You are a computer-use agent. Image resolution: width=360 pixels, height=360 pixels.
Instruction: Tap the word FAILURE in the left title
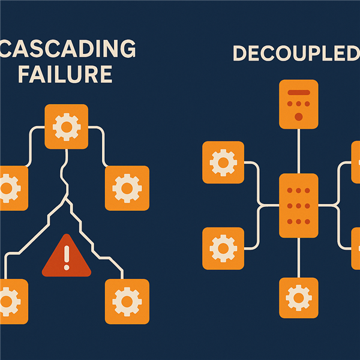tap(65, 74)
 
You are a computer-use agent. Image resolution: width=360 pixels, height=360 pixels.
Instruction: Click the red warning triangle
tap(66, 257)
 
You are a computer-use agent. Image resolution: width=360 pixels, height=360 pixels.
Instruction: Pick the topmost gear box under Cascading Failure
tap(66, 126)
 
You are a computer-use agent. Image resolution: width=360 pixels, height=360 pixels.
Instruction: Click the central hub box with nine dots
tap(299, 205)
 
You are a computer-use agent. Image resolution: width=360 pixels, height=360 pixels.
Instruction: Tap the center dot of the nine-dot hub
tap(299, 205)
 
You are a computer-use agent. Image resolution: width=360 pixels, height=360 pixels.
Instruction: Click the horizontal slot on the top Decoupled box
tap(299, 93)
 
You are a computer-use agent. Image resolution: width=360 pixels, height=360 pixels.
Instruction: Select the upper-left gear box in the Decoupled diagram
tap(223, 162)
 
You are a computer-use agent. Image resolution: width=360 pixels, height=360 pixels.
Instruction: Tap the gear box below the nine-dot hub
tap(299, 297)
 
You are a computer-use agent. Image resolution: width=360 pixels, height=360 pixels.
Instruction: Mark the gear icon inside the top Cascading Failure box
tap(66, 126)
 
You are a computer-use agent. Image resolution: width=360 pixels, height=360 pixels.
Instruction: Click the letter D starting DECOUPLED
tap(240, 53)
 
